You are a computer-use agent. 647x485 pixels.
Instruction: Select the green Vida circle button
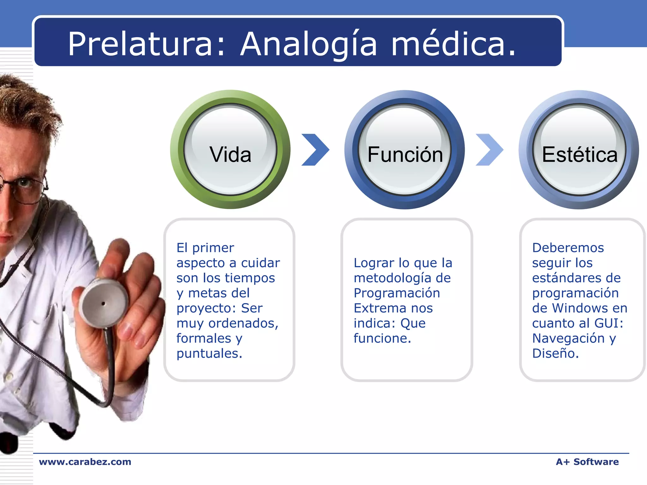[230, 150]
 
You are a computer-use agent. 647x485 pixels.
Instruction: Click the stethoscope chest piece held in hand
[104, 303]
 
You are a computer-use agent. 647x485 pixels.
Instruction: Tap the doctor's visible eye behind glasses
[23, 183]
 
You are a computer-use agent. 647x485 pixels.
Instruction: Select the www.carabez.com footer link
[85, 462]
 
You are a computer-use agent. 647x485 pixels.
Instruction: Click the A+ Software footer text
[587, 462]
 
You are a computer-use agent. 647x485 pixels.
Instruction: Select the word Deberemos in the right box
[568, 248]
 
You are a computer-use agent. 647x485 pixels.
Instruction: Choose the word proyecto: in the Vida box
[206, 308]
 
